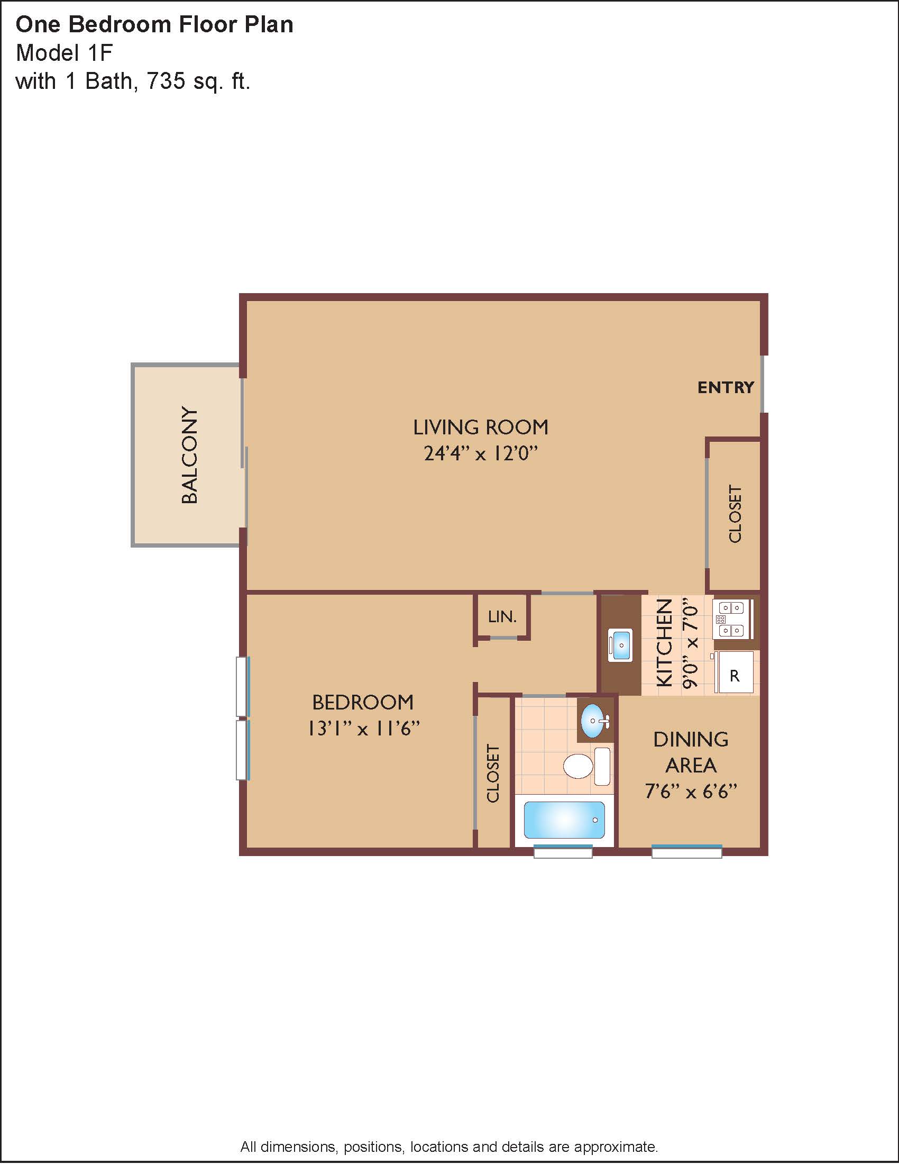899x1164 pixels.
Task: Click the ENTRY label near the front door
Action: pyautogui.click(x=726, y=387)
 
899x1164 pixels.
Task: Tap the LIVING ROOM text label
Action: pyautogui.click(x=481, y=428)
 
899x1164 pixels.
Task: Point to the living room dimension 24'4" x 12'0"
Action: pyautogui.click(x=481, y=453)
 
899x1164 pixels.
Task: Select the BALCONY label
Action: pyautogui.click(x=190, y=454)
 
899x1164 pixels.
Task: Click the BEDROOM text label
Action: pyautogui.click(x=363, y=703)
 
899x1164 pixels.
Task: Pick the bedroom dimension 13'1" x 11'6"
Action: pyautogui.click(x=364, y=729)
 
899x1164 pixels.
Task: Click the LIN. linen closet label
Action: pyautogui.click(x=502, y=617)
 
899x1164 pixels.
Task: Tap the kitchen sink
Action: pyautogui.click(x=620, y=645)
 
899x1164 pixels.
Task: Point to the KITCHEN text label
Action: pyautogui.click(x=664, y=643)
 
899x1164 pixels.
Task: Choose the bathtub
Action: pyautogui.click(x=565, y=820)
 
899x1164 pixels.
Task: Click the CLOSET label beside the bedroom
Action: pyautogui.click(x=493, y=774)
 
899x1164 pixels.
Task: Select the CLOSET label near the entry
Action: pyautogui.click(x=735, y=514)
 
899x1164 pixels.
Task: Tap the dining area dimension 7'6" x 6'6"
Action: pyautogui.click(x=691, y=792)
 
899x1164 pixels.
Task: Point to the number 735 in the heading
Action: pyautogui.click(x=166, y=81)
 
